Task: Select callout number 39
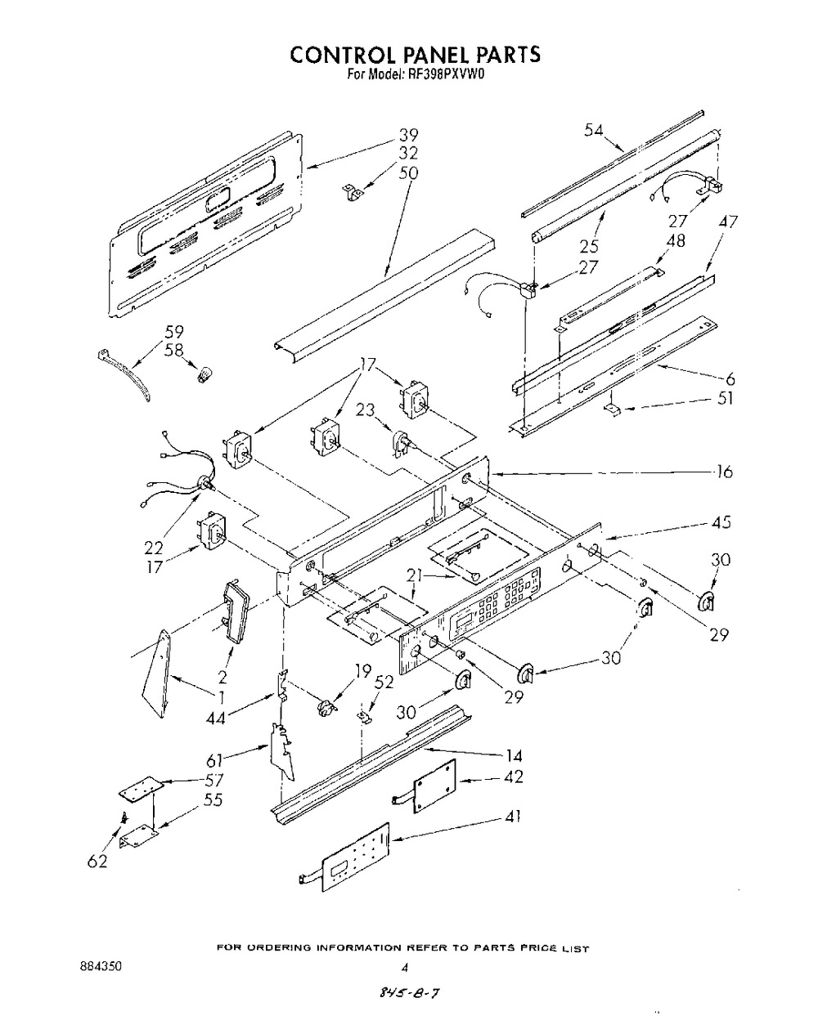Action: pyautogui.click(x=408, y=136)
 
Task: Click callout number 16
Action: pyautogui.click(x=723, y=472)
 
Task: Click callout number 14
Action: pyautogui.click(x=514, y=756)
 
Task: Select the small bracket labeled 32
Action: pyautogui.click(x=353, y=193)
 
